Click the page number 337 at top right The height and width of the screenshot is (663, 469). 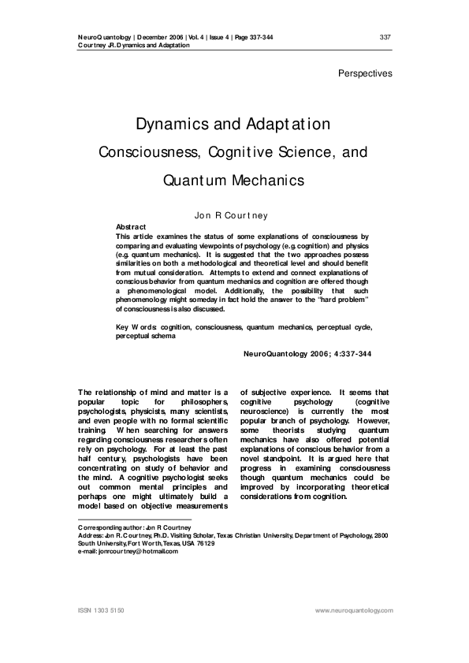385,37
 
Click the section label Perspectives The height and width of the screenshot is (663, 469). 365,73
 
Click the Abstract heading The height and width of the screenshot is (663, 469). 131,227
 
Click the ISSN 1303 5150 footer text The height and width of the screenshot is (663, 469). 102,610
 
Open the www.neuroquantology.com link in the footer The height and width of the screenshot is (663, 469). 353,610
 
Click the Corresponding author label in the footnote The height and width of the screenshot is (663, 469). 106,527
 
